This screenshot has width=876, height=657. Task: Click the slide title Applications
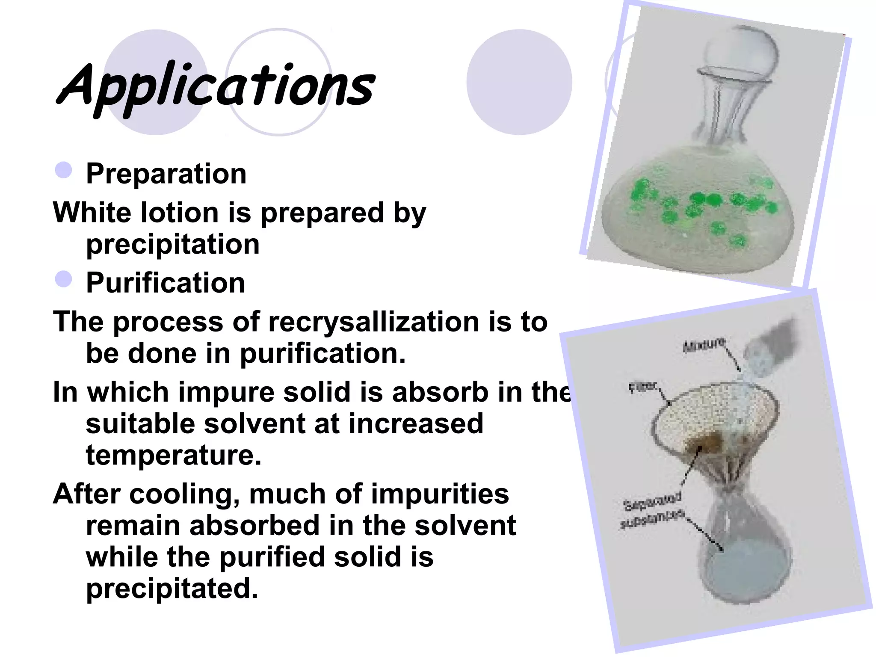[216, 86]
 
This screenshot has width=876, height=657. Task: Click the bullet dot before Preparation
[64, 170]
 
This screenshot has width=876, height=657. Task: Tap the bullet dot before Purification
[64, 279]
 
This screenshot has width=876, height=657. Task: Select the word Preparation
[166, 174]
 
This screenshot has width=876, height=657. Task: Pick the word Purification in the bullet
[166, 283]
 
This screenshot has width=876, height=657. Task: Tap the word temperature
[173, 455]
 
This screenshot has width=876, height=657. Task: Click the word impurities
[440, 494]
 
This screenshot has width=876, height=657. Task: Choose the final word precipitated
[172, 589]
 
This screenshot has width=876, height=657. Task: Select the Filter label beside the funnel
[643, 387]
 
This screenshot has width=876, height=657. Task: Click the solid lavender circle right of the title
[519, 82]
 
